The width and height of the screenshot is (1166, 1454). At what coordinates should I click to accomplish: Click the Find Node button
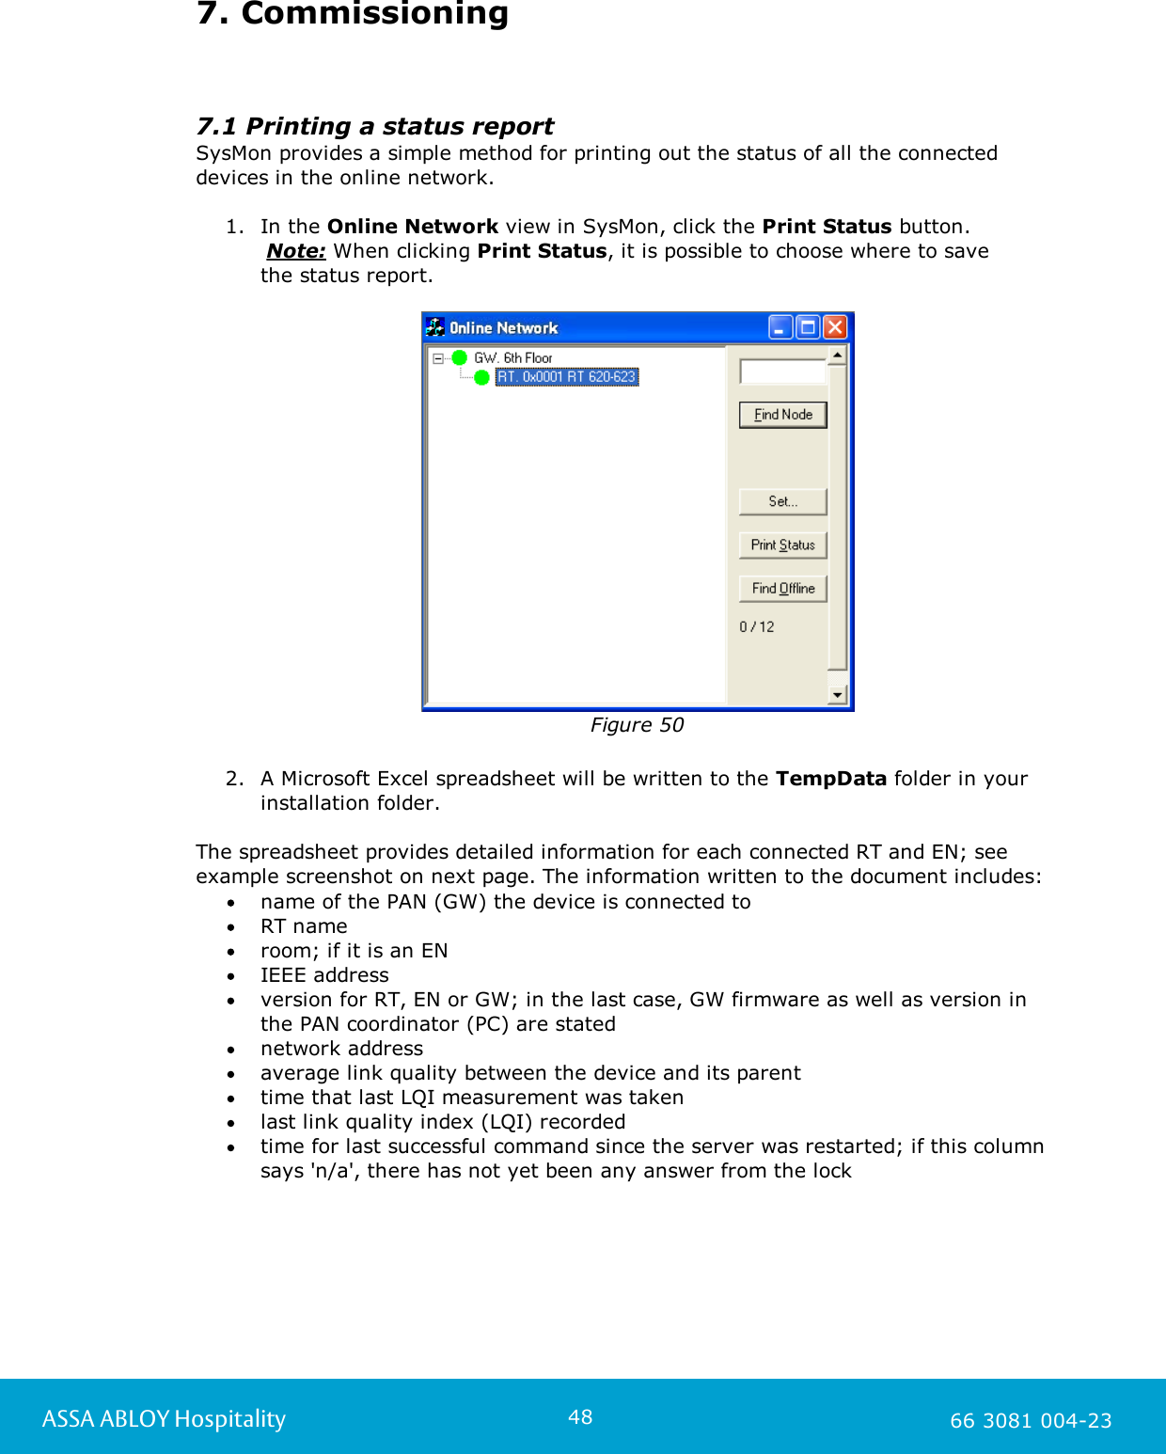pos(782,415)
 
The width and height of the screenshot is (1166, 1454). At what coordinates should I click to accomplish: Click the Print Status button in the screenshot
pos(782,545)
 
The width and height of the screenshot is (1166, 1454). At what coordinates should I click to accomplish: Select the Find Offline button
pos(782,589)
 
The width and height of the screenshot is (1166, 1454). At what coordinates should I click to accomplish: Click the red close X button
pos(834,327)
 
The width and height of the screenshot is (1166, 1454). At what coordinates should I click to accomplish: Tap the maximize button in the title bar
pos(807,327)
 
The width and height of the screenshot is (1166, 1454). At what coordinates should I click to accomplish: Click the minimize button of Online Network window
pos(780,327)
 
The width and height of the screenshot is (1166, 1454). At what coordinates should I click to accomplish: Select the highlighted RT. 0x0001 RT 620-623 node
pos(566,377)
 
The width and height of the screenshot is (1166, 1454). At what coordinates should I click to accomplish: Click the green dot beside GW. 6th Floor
pos(460,357)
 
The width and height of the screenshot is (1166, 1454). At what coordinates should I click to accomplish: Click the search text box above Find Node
pos(781,371)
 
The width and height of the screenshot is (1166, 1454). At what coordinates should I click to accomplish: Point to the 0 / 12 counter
pos(757,627)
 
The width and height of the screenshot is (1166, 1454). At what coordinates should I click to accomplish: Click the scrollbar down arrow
pos(837,695)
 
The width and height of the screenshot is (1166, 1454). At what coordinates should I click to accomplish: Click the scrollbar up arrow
pos(837,356)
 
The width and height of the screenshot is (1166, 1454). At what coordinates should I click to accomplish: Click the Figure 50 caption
pos(637,725)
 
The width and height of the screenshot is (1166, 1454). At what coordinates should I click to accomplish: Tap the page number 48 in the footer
pos(580,1417)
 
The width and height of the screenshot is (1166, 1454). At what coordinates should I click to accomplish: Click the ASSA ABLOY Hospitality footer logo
pos(164,1419)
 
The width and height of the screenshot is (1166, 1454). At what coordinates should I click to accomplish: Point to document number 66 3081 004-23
pos(1031,1421)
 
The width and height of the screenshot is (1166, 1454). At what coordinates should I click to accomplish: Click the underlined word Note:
pos(296,251)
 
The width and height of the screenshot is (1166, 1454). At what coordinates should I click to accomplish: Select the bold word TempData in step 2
pos(830,779)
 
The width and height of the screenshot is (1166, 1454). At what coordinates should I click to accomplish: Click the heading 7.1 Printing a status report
pos(374,126)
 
